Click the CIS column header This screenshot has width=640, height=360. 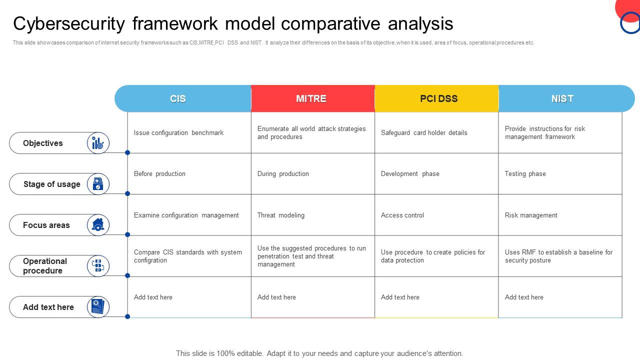178,98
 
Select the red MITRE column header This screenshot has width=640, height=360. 311,98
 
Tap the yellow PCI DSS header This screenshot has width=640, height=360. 438,98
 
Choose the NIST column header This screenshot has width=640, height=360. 562,98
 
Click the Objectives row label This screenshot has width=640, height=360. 43,143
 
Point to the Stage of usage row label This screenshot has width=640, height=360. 51,184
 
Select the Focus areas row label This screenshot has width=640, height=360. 46,225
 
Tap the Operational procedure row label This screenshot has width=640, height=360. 44,266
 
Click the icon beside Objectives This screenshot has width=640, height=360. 98,143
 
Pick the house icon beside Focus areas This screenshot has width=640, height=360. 98,225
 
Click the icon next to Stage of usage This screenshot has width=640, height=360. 98,184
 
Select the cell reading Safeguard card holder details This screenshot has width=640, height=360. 424,133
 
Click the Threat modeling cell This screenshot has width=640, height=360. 281,215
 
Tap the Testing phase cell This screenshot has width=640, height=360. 525,174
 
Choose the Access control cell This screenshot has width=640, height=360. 402,215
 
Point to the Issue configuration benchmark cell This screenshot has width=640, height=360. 178,133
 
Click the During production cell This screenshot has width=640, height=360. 283,174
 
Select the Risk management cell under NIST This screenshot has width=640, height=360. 531,215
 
